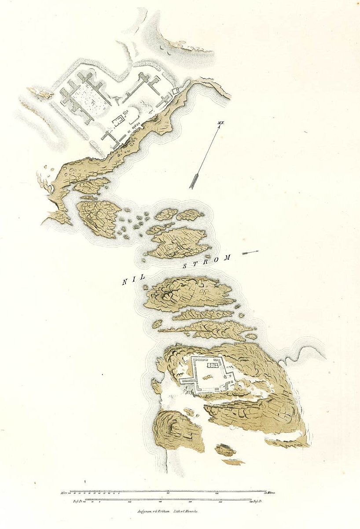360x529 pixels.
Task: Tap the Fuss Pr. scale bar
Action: pyautogui.click(x=167, y=500)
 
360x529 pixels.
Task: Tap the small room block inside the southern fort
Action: pyautogui.click(x=214, y=365)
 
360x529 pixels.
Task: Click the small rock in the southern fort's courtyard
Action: pyautogui.click(x=207, y=377)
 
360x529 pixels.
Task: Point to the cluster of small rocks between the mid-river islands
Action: pyautogui.click(x=134, y=222)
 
